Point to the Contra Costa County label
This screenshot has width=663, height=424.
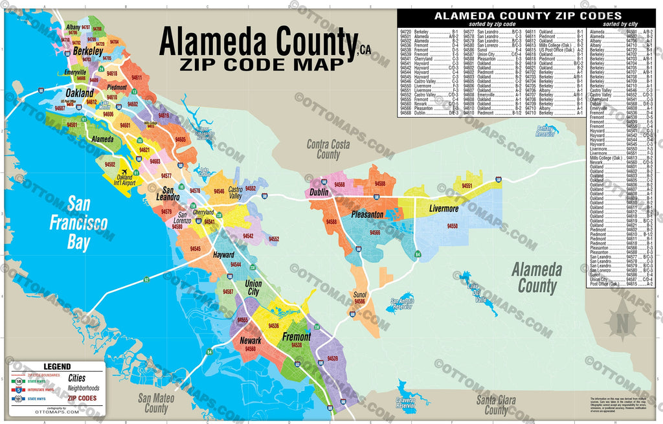coord(328,150)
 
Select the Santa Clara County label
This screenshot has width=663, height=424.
coord(497,405)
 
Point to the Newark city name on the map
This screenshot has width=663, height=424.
coord(251,340)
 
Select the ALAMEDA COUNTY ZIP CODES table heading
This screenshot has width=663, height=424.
coord(527,16)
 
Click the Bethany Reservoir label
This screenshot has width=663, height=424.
coord(547,131)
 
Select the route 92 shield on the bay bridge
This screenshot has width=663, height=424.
coord(146,279)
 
